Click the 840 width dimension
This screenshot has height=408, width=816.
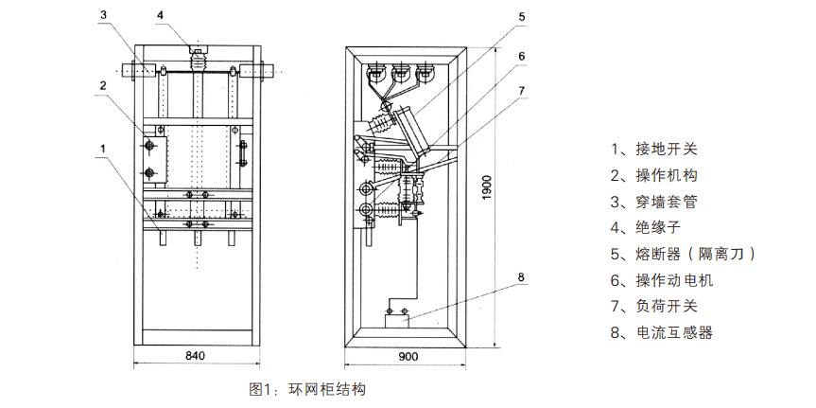195,356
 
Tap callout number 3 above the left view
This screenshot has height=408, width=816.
104,14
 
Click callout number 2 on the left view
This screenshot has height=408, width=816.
104,85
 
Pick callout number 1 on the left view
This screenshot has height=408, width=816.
104,149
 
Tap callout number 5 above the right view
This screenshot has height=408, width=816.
521,16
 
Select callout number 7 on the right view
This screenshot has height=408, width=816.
521,90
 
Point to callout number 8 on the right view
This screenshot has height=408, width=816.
521,277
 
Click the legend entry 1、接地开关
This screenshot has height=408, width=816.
654,150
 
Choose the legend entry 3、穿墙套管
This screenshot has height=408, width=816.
654,202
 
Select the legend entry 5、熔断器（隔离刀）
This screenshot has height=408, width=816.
684,254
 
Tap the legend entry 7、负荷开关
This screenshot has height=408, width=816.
654,306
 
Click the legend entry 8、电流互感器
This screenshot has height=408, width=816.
662,332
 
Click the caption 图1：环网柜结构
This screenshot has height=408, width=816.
307,389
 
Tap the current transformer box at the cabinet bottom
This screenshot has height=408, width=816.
396,320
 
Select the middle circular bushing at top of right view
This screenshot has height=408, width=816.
401,74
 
